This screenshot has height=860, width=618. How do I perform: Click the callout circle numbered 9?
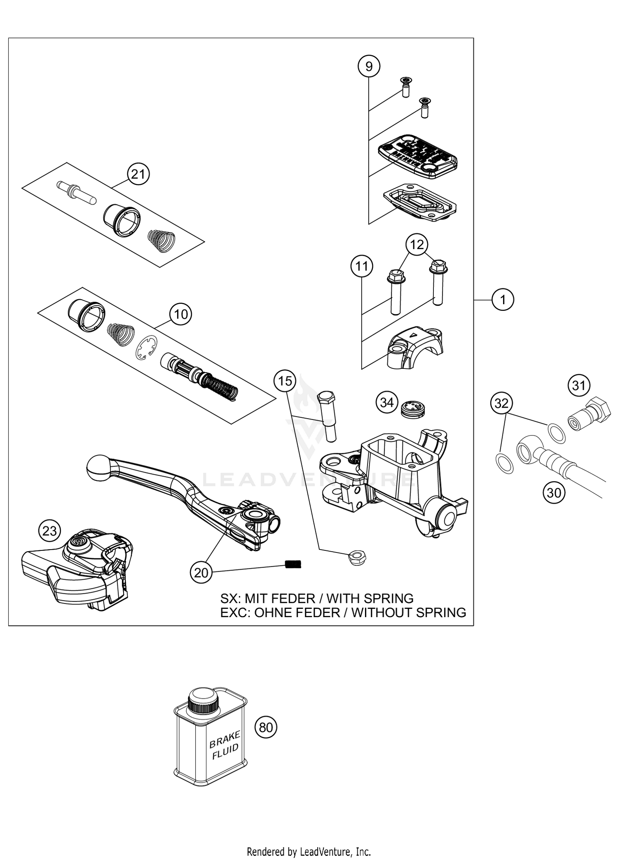(x=369, y=66)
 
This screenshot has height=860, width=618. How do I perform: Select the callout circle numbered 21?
(x=138, y=174)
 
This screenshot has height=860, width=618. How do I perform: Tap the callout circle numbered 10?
(x=181, y=315)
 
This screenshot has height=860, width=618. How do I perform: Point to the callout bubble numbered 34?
(x=387, y=402)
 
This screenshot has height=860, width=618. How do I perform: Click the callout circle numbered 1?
(x=503, y=300)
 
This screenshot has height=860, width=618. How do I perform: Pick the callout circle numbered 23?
(x=49, y=531)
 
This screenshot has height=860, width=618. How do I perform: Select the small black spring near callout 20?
(x=293, y=564)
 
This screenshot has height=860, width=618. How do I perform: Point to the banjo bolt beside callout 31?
(x=589, y=414)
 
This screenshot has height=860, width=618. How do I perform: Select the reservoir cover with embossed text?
(x=418, y=156)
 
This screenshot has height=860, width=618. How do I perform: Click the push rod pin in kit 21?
(x=76, y=193)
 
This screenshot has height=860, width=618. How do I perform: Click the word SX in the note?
(x=229, y=599)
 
